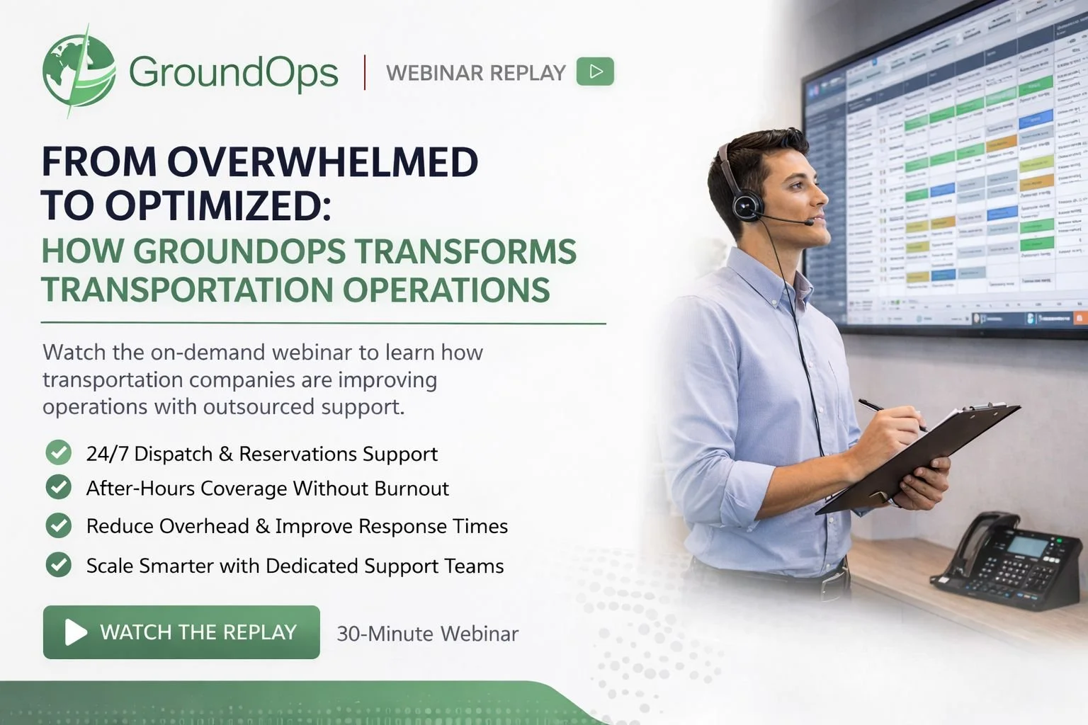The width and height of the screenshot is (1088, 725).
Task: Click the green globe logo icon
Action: (78, 72)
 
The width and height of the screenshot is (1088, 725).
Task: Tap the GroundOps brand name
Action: (233, 72)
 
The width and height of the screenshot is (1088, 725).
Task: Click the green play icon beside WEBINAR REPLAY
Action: (595, 72)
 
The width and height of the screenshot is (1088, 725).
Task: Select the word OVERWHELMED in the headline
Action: (322, 162)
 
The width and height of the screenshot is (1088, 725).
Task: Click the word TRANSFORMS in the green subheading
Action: (465, 252)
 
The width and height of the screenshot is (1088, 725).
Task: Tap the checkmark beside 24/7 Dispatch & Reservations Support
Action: (59, 452)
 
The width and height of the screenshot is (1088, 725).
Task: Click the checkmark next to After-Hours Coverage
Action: (59, 487)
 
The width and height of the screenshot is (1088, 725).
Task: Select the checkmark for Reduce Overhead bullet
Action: (59, 525)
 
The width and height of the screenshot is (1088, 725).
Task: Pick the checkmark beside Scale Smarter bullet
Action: (59, 564)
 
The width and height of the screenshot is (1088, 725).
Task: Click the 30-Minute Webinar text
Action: (427, 634)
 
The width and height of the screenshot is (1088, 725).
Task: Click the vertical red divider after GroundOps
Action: (365, 72)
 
